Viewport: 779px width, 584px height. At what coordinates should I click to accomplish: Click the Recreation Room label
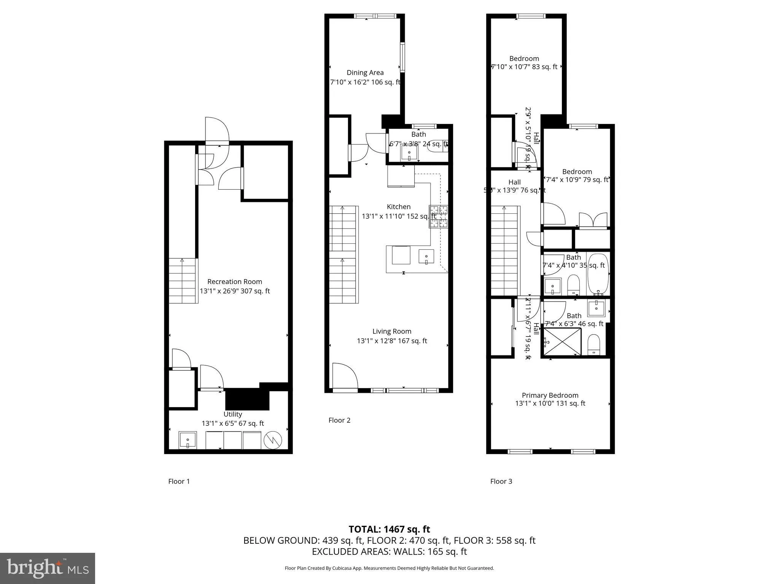click(235, 282)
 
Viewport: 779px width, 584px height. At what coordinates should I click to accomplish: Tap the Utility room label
click(232, 414)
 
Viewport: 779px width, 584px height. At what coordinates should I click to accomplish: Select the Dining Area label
click(365, 73)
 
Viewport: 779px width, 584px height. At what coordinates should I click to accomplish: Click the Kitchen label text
click(399, 207)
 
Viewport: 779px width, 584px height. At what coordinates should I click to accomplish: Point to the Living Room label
click(392, 332)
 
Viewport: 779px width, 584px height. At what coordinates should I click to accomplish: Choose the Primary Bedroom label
click(550, 395)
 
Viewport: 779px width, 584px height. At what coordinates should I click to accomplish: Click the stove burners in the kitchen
click(439, 216)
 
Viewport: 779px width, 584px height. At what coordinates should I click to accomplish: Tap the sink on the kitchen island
click(426, 257)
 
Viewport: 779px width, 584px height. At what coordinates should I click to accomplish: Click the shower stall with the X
click(562, 341)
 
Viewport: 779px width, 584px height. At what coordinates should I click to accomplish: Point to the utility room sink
click(188, 440)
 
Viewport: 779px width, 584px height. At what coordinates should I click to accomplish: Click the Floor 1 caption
click(179, 481)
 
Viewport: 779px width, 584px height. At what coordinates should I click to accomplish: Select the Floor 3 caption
click(501, 481)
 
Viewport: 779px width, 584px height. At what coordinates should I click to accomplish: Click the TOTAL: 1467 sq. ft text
click(389, 529)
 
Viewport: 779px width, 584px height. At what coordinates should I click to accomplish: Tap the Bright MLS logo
click(48, 568)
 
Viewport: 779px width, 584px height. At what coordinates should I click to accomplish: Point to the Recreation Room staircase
click(183, 281)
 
